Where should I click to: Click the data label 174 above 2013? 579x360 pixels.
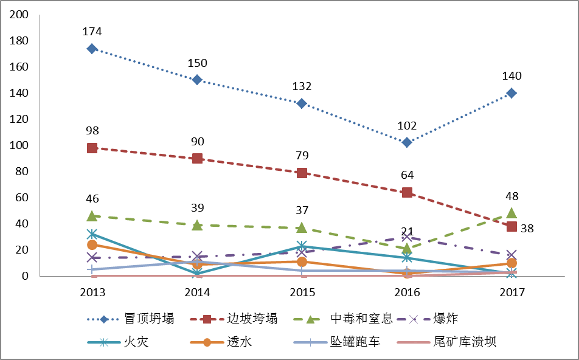[92, 32]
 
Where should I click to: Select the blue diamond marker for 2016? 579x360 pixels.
[407, 142]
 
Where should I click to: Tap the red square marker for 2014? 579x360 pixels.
[197, 158]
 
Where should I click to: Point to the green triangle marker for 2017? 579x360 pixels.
[511, 213]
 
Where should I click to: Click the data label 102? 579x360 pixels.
[407, 126]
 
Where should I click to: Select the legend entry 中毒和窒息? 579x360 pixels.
[355, 319]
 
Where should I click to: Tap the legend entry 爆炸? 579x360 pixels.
[446, 319]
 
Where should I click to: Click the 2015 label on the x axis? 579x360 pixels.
[302, 292]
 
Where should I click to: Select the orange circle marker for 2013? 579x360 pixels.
[92, 244]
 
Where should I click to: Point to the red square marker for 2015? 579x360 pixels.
[302, 173]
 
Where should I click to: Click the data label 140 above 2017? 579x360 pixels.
[511, 76]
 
